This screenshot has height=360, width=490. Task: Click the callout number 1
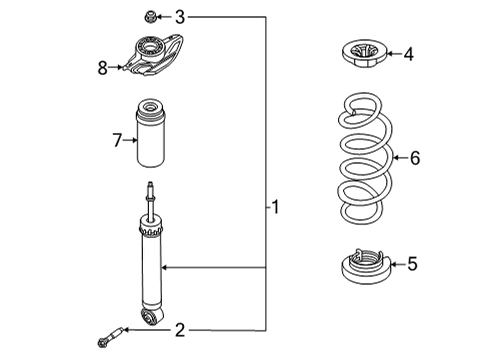pos(275,207)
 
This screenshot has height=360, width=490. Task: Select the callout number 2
pos(180,330)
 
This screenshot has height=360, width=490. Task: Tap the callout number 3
pos(180,17)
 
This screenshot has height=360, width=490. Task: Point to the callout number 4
pos(409,54)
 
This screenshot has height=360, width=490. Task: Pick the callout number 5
pos(412,264)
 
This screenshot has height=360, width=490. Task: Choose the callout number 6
pos(415,158)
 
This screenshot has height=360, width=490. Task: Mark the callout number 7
pos(117,140)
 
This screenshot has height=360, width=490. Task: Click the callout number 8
pos(103,68)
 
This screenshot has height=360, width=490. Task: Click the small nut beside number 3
pos(150,17)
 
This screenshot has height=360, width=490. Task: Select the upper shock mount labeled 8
pos(153,55)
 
